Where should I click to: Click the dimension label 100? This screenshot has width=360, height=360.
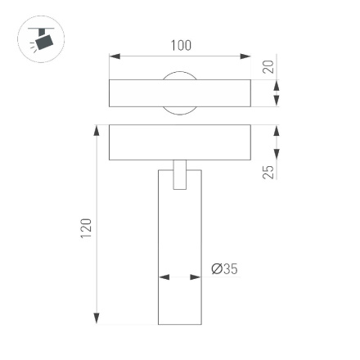click(x=180, y=45)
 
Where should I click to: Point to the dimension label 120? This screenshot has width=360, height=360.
click(x=86, y=229)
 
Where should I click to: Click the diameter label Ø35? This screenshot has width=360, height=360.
click(x=224, y=268)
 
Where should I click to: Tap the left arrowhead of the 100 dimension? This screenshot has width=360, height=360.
click(x=115, y=57)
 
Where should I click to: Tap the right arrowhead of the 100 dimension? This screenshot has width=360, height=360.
click(x=245, y=57)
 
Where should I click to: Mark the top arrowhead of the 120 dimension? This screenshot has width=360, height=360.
click(x=97, y=131)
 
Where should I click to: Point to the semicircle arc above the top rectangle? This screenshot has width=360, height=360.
click(x=179, y=75)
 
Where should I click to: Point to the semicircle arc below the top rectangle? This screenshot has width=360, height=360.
click(x=179, y=110)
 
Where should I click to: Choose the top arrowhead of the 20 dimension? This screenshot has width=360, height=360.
click(x=276, y=85)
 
